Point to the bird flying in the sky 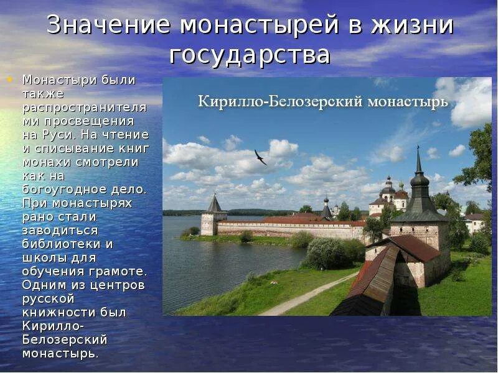point(260,157)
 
